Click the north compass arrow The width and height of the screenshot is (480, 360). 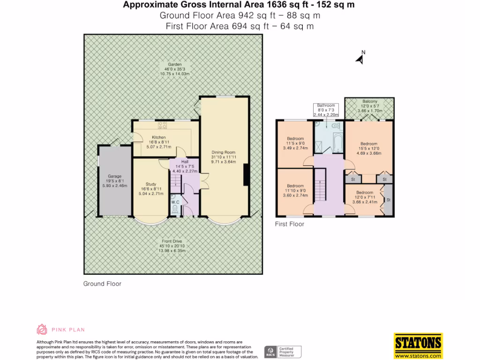(x=360, y=59)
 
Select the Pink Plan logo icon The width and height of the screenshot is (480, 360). (x=42, y=330)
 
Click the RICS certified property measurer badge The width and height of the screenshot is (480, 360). (x=283, y=352)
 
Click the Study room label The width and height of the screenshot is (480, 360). (x=150, y=184)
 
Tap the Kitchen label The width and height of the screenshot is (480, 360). (x=145, y=137)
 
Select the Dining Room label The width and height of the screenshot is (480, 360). (x=223, y=152)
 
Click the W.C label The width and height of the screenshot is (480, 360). (x=175, y=202)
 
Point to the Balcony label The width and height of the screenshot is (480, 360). (x=369, y=102)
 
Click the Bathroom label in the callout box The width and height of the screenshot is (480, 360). (x=326, y=105)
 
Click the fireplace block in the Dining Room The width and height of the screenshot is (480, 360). (x=245, y=173)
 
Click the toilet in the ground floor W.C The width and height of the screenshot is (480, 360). (x=175, y=210)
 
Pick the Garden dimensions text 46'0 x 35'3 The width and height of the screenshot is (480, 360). (x=174, y=69)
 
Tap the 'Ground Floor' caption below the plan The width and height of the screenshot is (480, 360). (x=102, y=284)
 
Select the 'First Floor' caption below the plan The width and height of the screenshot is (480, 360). (x=289, y=224)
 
